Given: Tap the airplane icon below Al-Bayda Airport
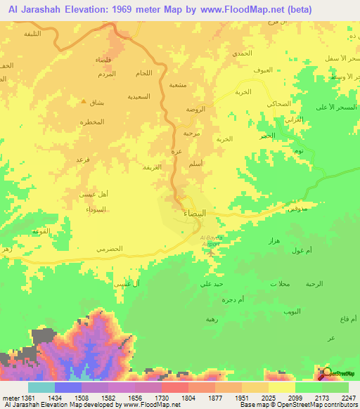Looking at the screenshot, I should (212, 251).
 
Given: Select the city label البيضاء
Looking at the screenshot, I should (195, 212).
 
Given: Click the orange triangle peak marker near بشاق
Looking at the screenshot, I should (84, 101).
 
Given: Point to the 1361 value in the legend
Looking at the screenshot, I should (25, 397).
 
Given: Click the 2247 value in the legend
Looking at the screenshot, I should (347, 397).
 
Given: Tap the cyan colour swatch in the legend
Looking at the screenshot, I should (41, 387).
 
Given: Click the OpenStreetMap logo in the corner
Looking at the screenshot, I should (327, 372).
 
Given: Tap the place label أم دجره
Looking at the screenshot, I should (251, 300).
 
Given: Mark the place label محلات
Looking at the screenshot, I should (278, 284).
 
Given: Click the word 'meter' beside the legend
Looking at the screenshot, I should (10, 397).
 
